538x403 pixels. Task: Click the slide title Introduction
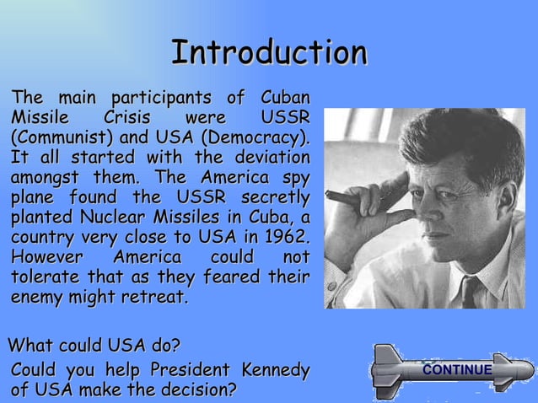pyautogui.click(x=269, y=52)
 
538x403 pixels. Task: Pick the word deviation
pyautogui.click(x=268, y=157)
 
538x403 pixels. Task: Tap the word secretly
pyautogui.click(x=275, y=197)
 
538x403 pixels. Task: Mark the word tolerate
pyautogui.click(x=46, y=277)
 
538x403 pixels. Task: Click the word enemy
pyautogui.click(x=39, y=298)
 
